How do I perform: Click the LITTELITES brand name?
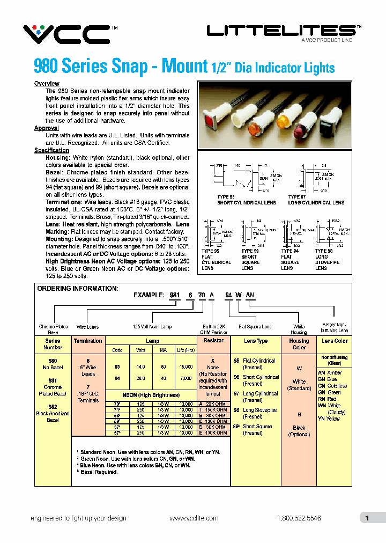pos(280,32)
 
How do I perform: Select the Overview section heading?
pos(47,84)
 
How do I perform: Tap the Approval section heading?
pos(46,128)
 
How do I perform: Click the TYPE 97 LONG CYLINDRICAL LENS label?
pos(316,200)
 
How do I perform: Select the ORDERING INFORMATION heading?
pos(77,289)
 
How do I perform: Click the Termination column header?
pos(88,341)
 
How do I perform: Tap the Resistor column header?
pos(214,341)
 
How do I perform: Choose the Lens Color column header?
pos(335,341)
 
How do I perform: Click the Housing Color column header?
pos(299,344)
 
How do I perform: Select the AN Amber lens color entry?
pos(330,373)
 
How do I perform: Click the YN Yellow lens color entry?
pos(329,419)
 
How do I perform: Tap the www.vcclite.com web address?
pos(194,518)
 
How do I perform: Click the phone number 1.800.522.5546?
pos(299,518)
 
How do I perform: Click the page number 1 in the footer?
pos(367,518)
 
